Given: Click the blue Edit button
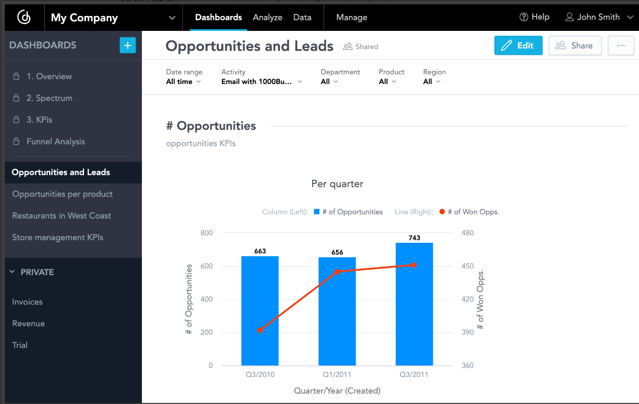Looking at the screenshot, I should click(518, 45).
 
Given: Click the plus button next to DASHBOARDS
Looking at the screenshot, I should click(127, 45).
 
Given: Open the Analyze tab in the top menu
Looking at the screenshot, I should click(267, 17).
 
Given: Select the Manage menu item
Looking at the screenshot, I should click(351, 17).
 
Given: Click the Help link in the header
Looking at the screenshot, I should click(534, 17).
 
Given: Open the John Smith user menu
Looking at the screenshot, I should click(598, 17).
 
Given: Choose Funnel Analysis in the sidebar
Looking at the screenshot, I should click(56, 141).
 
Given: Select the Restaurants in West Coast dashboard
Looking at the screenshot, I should click(62, 216).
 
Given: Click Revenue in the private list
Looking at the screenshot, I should click(28, 323).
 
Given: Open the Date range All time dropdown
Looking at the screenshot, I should click(183, 82).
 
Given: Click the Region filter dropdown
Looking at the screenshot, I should click(431, 82).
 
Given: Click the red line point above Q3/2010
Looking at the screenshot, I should click(260, 330).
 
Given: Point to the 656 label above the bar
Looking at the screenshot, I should click(337, 252).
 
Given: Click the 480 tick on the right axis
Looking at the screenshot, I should click(468, 233).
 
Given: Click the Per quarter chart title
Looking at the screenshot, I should click(337, 184).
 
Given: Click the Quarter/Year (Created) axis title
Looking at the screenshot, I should click(337, 390).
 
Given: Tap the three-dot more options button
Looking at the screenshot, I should click(621, 45).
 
